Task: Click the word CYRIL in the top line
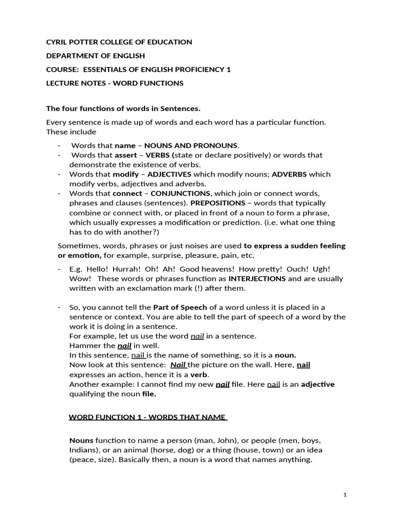click(57, 42)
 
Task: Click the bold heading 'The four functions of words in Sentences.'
click(123, 108)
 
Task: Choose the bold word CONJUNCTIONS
click(181, 193)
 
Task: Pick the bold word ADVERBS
click(289, 174)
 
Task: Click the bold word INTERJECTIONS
click(257, 279)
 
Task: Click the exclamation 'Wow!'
click(80, 279)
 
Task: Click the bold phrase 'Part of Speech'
click(180, 307)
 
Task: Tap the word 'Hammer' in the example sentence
click(82, 345)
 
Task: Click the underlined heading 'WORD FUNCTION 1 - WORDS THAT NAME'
click(148, 417)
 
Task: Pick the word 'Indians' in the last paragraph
click(83, 450)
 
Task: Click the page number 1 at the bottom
click(345, 495)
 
